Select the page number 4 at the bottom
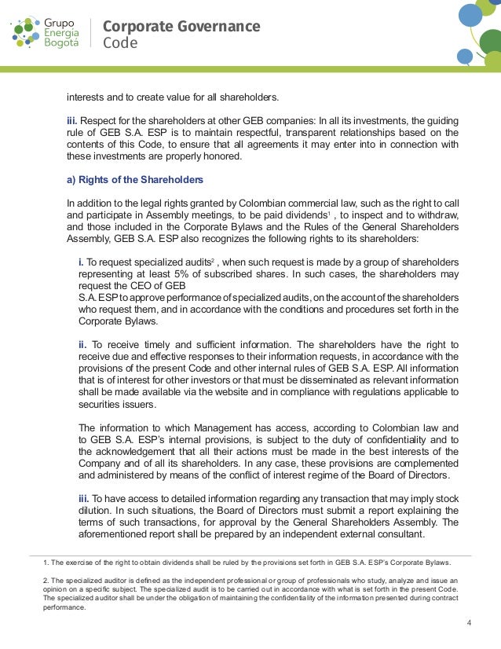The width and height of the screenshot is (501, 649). click(468, 624)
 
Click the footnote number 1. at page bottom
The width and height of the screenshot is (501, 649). click(46, 563)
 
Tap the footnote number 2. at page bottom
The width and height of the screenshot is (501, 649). click(46, 581)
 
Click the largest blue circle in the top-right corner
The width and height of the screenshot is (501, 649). click(470, 14)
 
